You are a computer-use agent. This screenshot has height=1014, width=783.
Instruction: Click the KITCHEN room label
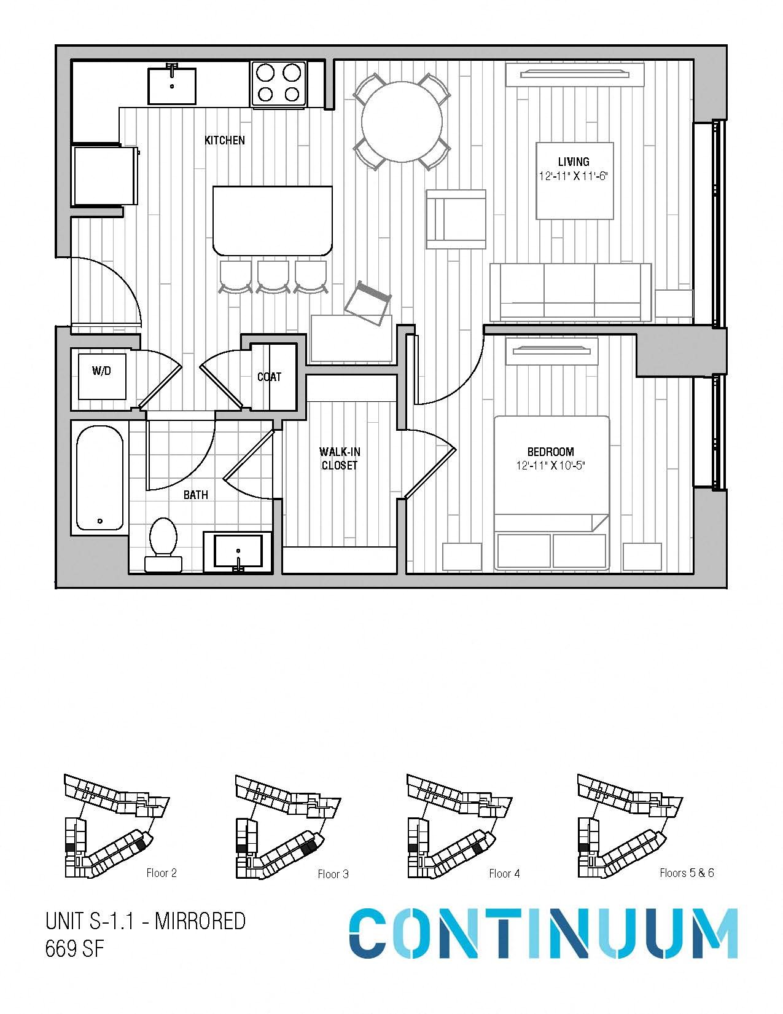click(x=224, y=140)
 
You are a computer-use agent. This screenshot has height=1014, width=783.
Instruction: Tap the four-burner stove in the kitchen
click(x=278, y=83)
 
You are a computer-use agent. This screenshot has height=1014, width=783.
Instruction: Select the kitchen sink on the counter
click(x=172, y=86)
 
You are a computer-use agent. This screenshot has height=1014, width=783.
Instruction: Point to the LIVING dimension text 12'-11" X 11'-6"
click(x=574, y=176)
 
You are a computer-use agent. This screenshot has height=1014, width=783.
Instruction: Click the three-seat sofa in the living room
click(x=569, y=292)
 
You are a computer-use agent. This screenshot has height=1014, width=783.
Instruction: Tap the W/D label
click(x=101, y=371)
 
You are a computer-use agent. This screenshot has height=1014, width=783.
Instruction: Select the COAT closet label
click(x=269, y=377)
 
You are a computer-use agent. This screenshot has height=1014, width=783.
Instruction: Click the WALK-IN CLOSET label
click(x=340, y=458)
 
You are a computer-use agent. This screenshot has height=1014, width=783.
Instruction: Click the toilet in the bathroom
click(x=163, y=544)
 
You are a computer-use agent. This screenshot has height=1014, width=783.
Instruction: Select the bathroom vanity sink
click(x=238, y=551)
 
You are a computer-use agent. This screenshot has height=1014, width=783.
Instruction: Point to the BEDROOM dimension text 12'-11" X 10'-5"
click(x=550, y=466)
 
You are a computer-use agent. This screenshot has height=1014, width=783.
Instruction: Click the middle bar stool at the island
click(x=273, y=277)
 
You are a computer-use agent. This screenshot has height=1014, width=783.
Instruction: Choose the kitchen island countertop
click(x=273, y=220)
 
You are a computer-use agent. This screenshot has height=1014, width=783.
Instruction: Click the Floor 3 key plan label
click(x=333, y=874)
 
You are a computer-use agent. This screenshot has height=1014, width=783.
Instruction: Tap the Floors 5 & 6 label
click(x=687, y=873)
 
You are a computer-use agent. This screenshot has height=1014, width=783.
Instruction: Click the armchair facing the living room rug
click(x=456, y=219)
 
